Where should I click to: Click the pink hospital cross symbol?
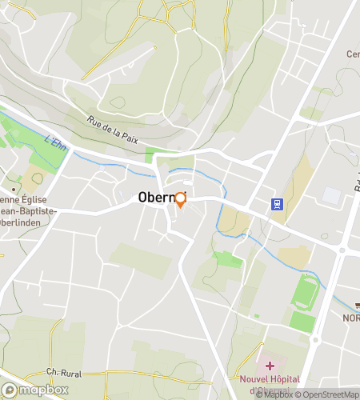(270, 366)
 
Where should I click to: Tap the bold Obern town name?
(156, 197)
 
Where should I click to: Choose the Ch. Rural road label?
(65, 372)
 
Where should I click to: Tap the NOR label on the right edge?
(351, 318)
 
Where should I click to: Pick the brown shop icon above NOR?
(356, 304)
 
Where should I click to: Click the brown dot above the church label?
(14, 178)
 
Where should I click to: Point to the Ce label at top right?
(352, 54)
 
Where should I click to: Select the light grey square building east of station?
(331, 195)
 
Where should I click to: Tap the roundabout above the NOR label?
(342, 250)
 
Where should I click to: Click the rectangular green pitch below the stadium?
(302, 322)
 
